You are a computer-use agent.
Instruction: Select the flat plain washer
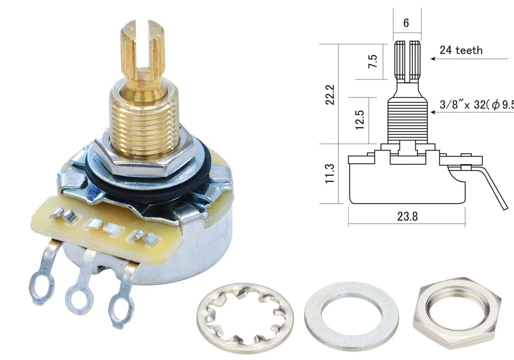click(x=351, y=316)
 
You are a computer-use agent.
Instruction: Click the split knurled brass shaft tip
click(x=142, y=49)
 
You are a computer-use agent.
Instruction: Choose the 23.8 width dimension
click(x=407, y=216)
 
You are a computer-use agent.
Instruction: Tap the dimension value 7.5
click(x=373, y=61)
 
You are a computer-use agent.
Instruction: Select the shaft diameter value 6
click(x=406, y=24)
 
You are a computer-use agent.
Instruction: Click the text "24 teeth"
click(x=461, y=50)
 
